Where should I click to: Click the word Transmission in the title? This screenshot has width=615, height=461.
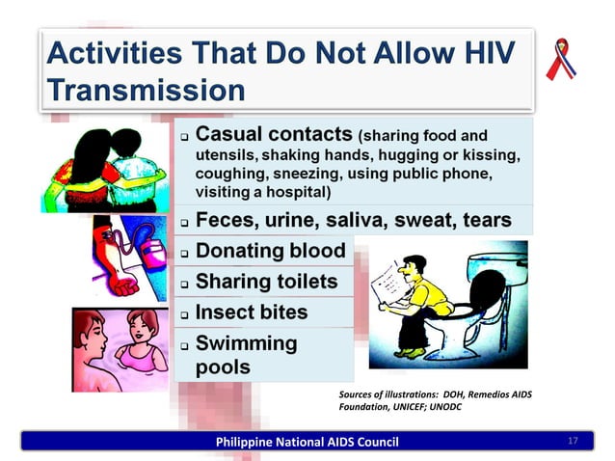pyautogui.click(x=145, y=90)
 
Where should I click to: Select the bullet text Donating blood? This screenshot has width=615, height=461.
pyautogui.click(x=270, y=251)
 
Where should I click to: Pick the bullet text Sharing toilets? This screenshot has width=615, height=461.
pyautogui.click(x=266, y=283)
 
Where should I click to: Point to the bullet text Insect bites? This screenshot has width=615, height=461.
pyautogui.click(x=252, y=313)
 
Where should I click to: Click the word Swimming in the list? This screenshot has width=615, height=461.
pyautogui.click(x=247, y=343)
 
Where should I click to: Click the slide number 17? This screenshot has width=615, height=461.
pyautogui.click(x=573, y=442)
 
